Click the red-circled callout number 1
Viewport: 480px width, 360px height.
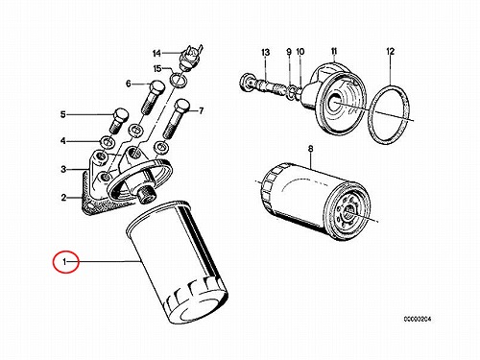65,262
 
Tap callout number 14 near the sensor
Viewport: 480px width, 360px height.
156,53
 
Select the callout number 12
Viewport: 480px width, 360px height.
391,51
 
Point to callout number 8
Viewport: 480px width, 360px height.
310,149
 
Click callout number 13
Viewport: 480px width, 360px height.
266,52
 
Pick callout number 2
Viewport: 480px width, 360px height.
63,198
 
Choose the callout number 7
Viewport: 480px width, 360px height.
201,110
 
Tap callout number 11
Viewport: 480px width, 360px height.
334,51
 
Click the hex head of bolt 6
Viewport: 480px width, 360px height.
156,86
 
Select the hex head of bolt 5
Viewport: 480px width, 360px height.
121,114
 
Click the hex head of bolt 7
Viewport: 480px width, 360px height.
182,106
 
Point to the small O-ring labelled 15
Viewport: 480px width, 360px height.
178,80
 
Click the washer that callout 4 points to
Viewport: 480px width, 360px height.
107,141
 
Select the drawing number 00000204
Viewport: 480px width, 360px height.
418,319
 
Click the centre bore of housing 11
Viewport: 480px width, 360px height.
333,102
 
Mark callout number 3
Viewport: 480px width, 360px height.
63,169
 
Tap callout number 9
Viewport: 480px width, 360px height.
289,52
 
